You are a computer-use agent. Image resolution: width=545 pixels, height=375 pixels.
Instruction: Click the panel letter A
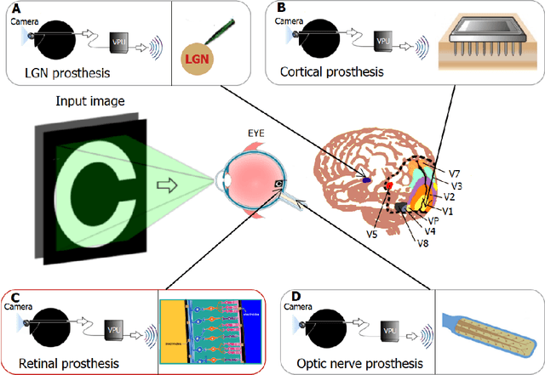tap(15, 9)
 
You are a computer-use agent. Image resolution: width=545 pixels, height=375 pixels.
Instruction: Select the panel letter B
tap(281, 9)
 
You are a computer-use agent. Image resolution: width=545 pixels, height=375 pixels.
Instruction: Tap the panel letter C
tap(15, 298)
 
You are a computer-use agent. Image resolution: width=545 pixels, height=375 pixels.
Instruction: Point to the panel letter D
tap(287, 298)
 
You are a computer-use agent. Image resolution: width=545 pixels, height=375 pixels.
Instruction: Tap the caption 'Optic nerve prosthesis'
tap(353, 364)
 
